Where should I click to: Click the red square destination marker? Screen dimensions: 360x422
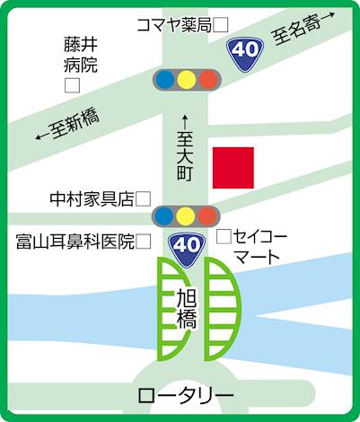tap(233, 168)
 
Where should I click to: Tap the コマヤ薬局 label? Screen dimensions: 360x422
tap(174, 25)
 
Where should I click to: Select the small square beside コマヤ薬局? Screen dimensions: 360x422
tap(221, 25)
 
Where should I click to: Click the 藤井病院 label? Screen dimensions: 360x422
tap(81, 55)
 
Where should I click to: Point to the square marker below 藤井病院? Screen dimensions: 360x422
tap(72, 85)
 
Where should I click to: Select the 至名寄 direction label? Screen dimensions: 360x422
tap(303, 29)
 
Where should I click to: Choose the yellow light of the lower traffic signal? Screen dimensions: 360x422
tap(186, 216)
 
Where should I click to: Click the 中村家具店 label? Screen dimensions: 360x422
tap(92, 199)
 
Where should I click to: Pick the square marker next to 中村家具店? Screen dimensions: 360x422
tap(143, 199)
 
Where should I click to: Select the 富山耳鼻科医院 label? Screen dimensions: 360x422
tap(75, 242)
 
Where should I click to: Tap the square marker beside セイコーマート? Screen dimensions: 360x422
tap(224, 236)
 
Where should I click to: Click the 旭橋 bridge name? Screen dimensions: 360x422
tap(187, 309)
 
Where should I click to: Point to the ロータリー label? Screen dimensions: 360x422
tap(186, 396)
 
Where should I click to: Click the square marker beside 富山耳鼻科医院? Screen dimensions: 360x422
tap(144, 242)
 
